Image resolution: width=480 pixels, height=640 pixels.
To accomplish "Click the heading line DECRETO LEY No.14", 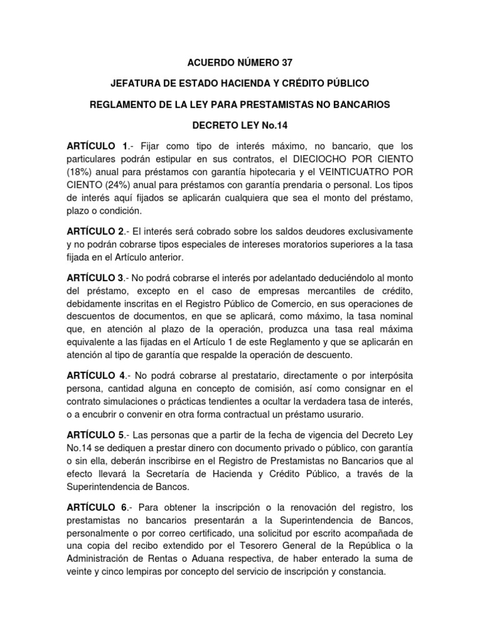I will pyautogui.click(x=239, y=124).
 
